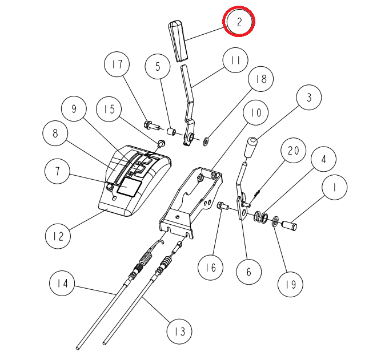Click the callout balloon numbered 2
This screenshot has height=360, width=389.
(239, 22)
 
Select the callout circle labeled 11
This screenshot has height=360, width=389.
(235, 60)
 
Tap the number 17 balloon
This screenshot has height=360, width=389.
(117, 64)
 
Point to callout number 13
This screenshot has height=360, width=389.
(179, 331)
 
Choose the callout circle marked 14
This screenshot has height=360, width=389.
(62, 283)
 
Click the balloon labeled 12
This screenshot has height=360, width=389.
(58, 236)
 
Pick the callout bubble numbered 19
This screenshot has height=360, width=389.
(290, 284)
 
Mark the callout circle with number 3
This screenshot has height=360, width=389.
(309, 98)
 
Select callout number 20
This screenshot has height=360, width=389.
(293, 151)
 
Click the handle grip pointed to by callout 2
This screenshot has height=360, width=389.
(178, 41)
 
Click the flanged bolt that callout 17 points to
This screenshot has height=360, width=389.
(151, 125)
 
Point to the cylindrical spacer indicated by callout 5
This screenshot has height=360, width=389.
(171, 132)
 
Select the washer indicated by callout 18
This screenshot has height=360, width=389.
(206, 141)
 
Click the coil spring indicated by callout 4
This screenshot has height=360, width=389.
(261, 217)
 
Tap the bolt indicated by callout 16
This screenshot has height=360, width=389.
(223, 206)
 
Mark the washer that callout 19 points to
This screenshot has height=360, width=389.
(275, 221)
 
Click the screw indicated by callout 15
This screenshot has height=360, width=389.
(161, 143)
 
